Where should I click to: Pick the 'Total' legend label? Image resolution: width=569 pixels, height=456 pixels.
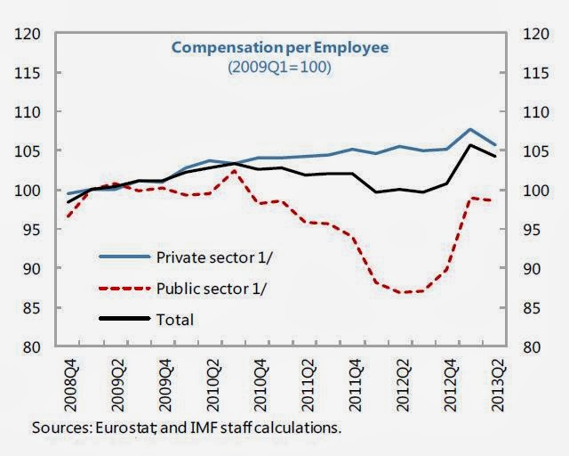174,318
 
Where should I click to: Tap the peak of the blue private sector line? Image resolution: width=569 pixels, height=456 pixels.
470,130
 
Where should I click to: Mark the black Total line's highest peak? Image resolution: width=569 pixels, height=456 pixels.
470,145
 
